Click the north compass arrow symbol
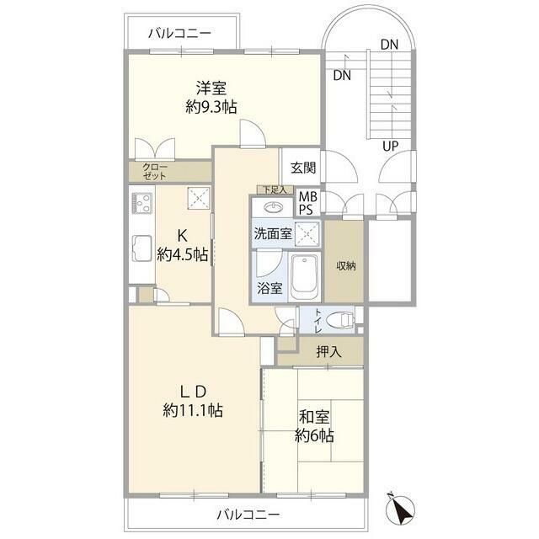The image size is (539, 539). click(x=400, y=507)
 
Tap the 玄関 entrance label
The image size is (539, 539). click(x=303, y=168)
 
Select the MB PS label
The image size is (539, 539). click(x=307, y=203)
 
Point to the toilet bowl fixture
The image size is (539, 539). click(x=339, y=320)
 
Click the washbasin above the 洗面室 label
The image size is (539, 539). click(x=273, y=208)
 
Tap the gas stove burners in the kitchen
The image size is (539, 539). click(x=142, y=204)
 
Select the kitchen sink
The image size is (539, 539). click(x=141, y=248)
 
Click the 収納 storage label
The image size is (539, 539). click(x=345, y=266)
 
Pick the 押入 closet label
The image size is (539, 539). click(x=328, y=352)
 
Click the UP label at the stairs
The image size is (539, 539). click(x=391, y=147)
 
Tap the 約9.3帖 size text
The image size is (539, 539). click(x=211, y=108)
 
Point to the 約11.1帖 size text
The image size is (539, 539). click(x=193, y=410)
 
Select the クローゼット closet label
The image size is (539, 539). click(x=155, y=172)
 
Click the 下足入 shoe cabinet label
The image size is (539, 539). click(x=275, y=189)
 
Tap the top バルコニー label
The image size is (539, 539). click(x=179, y=34)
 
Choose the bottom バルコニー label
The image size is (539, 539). click(x=248, y=515)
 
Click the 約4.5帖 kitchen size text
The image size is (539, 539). click(x=183, y=255)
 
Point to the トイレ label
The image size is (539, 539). click(x=318, y=321)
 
